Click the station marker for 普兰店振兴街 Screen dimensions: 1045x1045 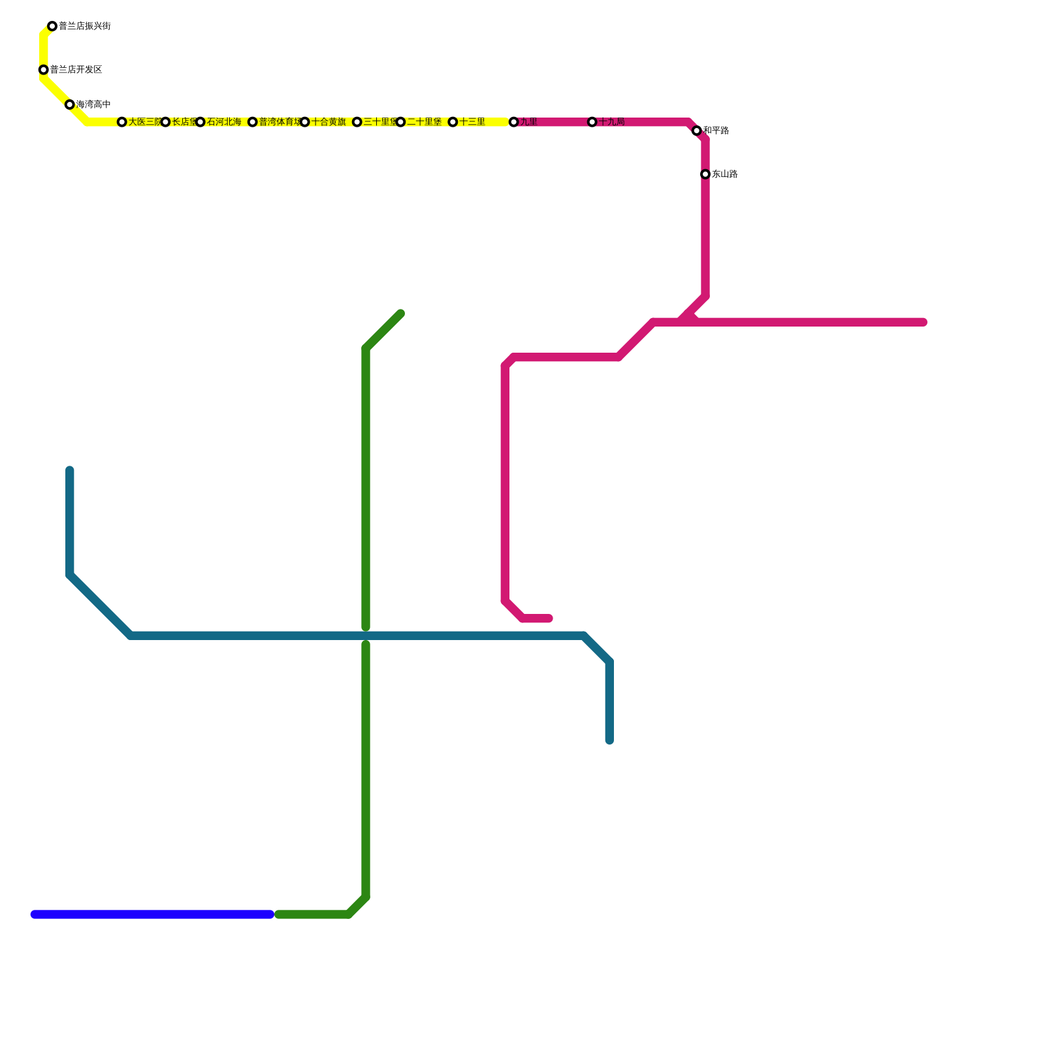point(52,27)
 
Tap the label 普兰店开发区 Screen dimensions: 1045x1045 point(76,70)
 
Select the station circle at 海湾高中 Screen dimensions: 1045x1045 point(70,104)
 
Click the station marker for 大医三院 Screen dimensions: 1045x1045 point(122,122)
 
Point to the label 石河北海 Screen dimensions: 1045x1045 point(224,122)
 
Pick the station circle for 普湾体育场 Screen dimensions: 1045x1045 point(253,122)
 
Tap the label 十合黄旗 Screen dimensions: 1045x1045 point(329,122)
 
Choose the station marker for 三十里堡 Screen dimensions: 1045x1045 point(357,122)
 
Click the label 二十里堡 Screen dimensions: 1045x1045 point(425,122)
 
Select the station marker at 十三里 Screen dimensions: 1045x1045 point(453,122)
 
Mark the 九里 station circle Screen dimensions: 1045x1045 point(514,122)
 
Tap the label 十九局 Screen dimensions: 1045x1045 point(612,122)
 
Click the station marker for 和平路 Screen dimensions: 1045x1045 point(697,131)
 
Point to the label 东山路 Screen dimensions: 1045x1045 point(725,174)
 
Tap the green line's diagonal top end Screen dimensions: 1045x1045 point(400,314)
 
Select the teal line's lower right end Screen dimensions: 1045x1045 point(609,741)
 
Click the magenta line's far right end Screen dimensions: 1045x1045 point(924,322)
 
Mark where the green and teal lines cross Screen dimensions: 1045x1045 point(366,635)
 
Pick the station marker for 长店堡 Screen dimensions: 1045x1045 point(166,122)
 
